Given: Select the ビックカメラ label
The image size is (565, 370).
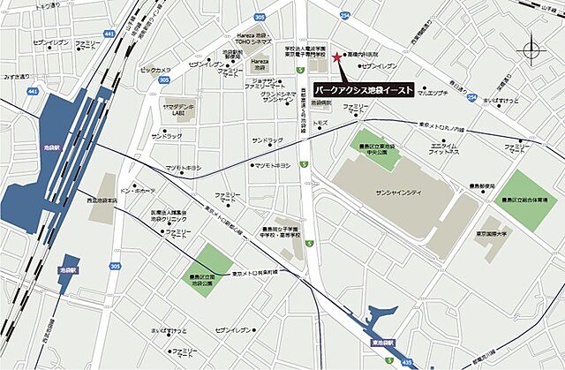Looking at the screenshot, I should tap(155, 68).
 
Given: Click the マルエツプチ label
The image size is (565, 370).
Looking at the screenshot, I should tap(434, 93).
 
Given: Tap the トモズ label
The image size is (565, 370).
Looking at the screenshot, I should tap(320, 124).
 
